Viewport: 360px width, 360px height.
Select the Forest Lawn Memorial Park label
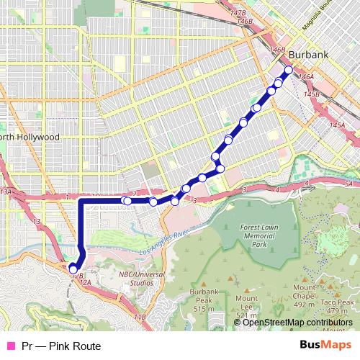tap(258, 235)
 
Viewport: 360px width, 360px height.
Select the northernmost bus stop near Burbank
tap(289, 70)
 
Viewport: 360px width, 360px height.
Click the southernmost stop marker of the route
tap(73, 269)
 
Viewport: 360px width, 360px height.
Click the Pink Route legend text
tap(60, 346)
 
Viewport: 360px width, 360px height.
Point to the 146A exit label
tap(307, 76)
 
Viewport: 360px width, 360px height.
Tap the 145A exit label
tap(337, 126)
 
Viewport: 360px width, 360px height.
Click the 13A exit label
tap(6, 192)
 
